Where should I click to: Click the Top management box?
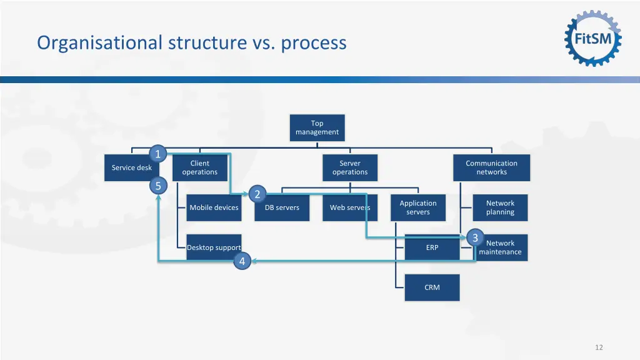point(317,127)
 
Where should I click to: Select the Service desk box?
point(131,167)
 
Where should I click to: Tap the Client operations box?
point(200,167)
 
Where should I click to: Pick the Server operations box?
point(350,167)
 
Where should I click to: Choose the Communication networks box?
point(491,167)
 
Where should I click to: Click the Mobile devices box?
point(214,207)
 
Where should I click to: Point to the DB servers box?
point(282,207)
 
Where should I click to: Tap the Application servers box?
point(418,207)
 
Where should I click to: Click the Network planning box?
point(500,207)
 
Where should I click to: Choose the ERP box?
point(432,247)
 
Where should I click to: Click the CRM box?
point(432,287)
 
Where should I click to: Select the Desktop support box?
point(214,247)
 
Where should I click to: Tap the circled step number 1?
point(157,154)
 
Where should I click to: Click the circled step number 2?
point(257,194)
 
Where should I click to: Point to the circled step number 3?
point(475,238)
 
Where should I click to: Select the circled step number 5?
point(157,186)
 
